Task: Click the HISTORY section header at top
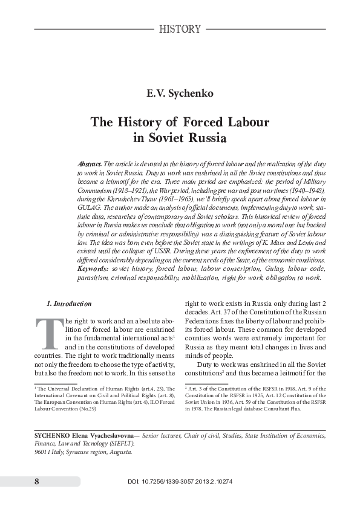pyautogui.click(x=179, y=28)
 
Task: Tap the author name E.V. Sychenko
pyautogui.click(x=180, y=94)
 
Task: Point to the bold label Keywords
pyautogui.click(x=94, y=267)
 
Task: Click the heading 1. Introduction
pyautogui.click(x=69, y=303)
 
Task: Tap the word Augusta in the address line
pyautogui.click(x=122, y=452)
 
